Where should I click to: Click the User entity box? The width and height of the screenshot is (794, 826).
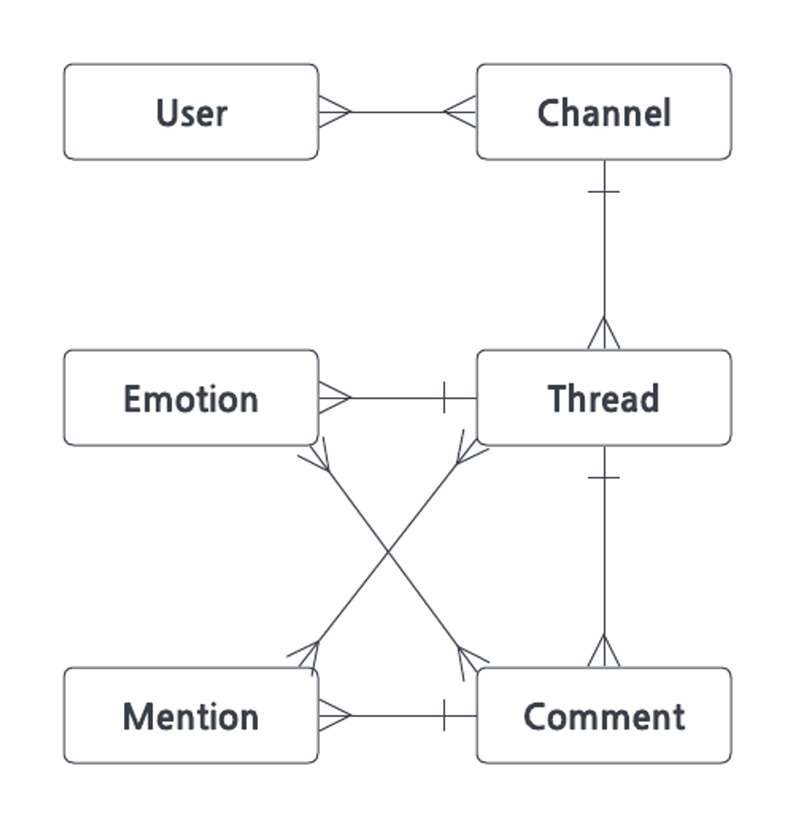[x=191, y=112]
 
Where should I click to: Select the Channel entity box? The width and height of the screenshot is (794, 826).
[x=604, y=112]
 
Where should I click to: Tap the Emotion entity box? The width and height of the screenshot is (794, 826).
[x=191, y=398]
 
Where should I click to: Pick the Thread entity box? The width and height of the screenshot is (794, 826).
[x=604, y=398]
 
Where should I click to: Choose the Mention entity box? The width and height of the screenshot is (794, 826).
[x=191, y=716]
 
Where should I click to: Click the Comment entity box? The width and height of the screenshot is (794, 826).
[x=604, y=716]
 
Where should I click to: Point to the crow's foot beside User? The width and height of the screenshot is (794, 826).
[x=335, y=112]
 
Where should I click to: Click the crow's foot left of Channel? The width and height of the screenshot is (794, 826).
[x=459, y=112]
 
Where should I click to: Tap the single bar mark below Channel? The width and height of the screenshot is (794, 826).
[x=604, y=191]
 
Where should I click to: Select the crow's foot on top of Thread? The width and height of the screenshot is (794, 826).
[x=604, y=333]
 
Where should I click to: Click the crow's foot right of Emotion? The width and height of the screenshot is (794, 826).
[x=335, y=398]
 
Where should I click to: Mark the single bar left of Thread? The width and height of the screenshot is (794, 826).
[x=445, y=398]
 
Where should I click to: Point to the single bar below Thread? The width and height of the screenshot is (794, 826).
[x=604, y=478]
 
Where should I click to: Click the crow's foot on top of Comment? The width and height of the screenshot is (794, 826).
[x=604, y=651]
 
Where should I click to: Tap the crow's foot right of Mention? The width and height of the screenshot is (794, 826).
[x=335, y=716]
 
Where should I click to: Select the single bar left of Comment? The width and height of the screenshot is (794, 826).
[x=445, y=716]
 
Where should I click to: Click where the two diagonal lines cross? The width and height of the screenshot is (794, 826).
[x=388, y=551]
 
